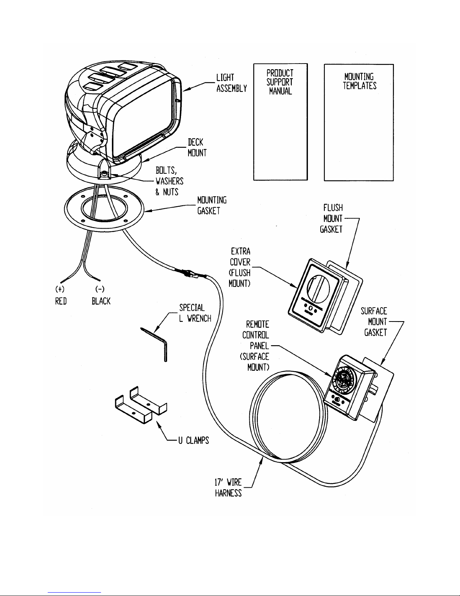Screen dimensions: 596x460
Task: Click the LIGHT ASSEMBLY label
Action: (231, 83)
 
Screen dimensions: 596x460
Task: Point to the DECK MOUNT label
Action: (197, 148)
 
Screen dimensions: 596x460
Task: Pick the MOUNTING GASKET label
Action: (212, 205)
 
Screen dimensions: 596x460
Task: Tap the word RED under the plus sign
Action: (60, 302)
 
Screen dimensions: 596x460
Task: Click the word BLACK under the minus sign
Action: (101, 302)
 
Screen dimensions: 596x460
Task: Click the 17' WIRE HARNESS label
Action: (228, 487)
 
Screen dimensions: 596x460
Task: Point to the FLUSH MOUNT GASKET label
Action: (332, 218)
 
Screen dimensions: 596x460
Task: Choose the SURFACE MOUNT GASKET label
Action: (374, 322)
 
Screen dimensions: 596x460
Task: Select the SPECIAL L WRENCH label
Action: (195, 312)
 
